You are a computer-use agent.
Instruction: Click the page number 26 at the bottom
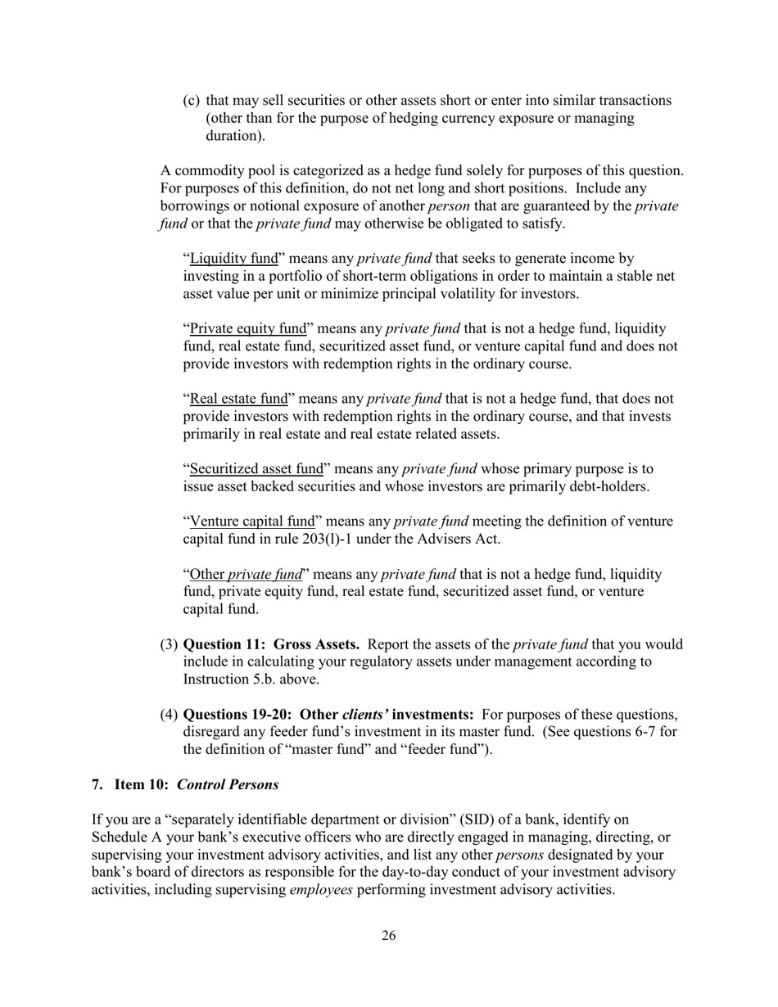388,936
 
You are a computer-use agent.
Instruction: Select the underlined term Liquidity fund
234,259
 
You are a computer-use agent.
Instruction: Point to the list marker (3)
169,644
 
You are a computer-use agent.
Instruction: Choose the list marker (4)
169,714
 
